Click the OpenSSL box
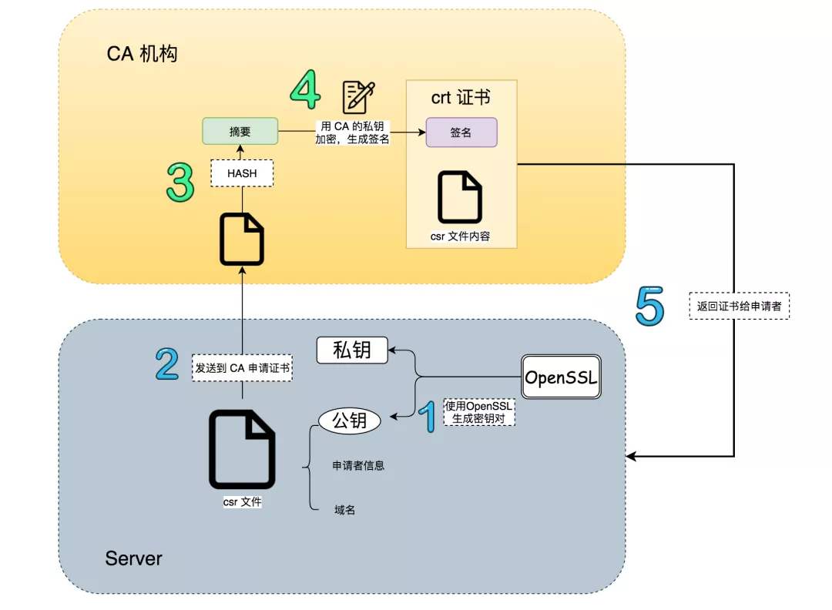coord(561,377)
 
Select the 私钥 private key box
coord(352,350)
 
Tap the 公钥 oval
coord(350,421)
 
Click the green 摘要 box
coord(240,132)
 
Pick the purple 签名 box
coord(461,132)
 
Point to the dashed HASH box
coord(242,173)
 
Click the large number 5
coord(649,306)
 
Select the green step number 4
coord(305,90)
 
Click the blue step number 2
coord(167,364)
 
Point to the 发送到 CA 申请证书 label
coord(243,368)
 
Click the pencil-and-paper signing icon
coord(359,97)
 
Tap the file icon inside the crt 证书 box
coord(460,197)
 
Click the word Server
coord(134,558)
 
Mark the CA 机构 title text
coord(143,55)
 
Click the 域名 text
coord(345,510)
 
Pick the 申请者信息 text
coord(358,465)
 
